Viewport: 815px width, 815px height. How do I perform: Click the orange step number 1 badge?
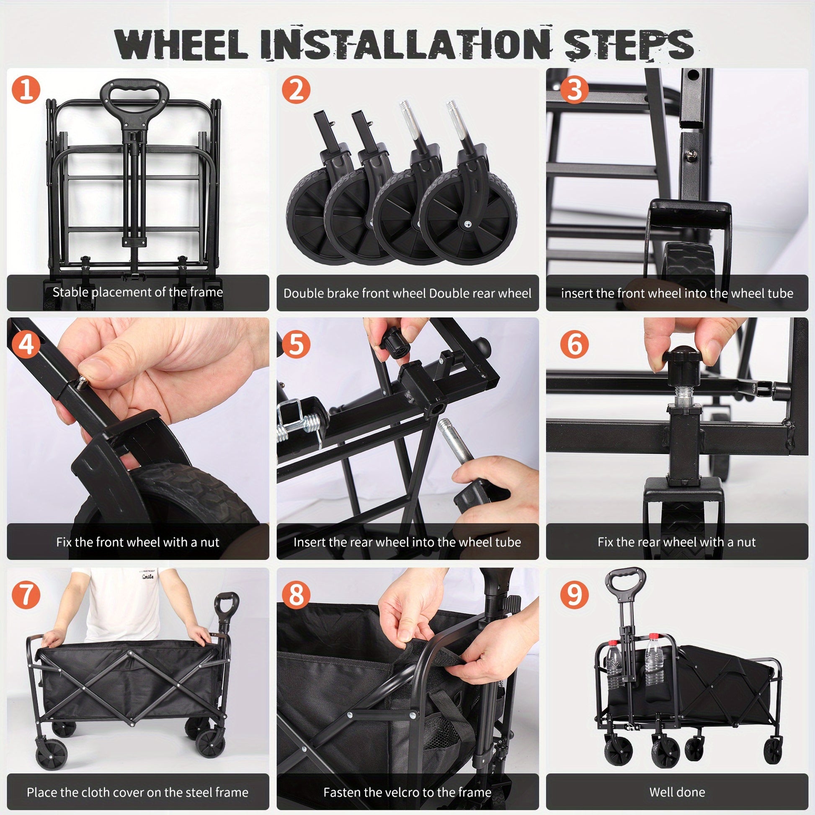[26, 90]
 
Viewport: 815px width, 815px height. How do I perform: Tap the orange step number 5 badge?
[296, 344]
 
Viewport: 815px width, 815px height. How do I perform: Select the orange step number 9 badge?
[574, 594]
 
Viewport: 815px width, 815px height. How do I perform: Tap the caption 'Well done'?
[677, 792]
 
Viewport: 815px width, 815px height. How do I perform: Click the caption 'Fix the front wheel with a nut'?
[137, 542]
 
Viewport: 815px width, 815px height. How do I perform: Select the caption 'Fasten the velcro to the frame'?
[407, 792]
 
